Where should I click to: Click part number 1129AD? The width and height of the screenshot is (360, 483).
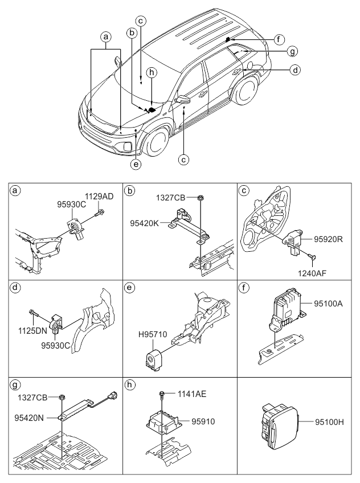(x=99, y=197)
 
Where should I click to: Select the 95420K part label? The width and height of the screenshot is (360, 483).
(x=145, y=223)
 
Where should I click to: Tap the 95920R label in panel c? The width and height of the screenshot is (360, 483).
(x=328, y=239)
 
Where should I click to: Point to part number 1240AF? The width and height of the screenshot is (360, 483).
(x=312, y=273)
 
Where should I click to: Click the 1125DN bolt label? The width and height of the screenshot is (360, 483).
(x=32, y=331)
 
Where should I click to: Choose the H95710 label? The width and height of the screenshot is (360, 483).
(x=153, y=334)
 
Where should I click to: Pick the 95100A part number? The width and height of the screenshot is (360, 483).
(x=328, y=304)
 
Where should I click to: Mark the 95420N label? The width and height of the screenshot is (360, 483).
(x=29, y=417)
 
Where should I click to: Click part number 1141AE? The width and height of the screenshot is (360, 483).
(x=191, y=394)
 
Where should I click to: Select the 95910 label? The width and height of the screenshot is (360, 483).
(x=203, y=421)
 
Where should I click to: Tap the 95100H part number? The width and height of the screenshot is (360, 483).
(x=329, y=422)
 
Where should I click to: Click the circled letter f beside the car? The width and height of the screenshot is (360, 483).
(x=279, y=39)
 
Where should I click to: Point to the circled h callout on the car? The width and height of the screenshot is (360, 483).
(x=152, y=73)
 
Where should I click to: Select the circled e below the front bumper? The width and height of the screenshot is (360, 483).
(x=136, y=164)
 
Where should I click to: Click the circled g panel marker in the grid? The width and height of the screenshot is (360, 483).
(x=15, y=385)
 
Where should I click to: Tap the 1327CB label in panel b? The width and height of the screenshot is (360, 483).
(x=171, y=198)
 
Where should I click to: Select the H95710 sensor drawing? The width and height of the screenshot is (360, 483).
(x=154, y=358)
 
